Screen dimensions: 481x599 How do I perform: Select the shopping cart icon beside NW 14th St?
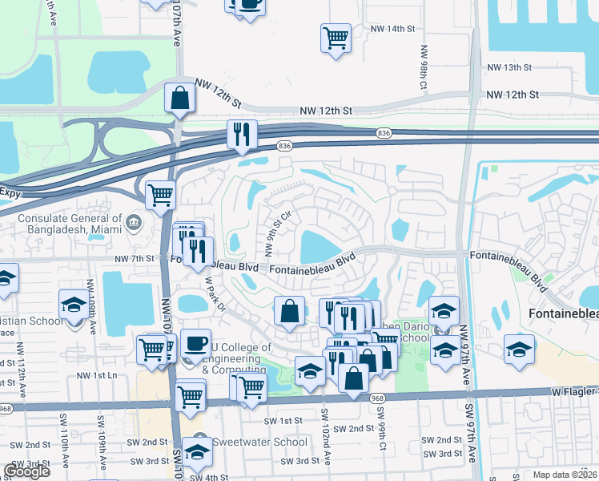click(336, 38)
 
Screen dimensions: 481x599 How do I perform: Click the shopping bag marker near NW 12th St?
click(179, 98)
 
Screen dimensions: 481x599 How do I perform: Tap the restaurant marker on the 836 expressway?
click(241, 135)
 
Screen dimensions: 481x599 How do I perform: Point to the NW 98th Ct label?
click(423, 66)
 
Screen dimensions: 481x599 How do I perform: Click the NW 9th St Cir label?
click(275, 228)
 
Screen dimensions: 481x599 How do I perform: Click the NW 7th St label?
click(134, 258)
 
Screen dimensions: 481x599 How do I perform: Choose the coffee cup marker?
click(195, 342)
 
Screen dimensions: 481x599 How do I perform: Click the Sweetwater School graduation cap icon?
click(197, 451)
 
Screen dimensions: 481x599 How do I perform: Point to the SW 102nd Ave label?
click(326, 437)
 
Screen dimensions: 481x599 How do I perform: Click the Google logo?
click(26, 471)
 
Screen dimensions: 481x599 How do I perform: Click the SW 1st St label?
click(283, 420)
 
